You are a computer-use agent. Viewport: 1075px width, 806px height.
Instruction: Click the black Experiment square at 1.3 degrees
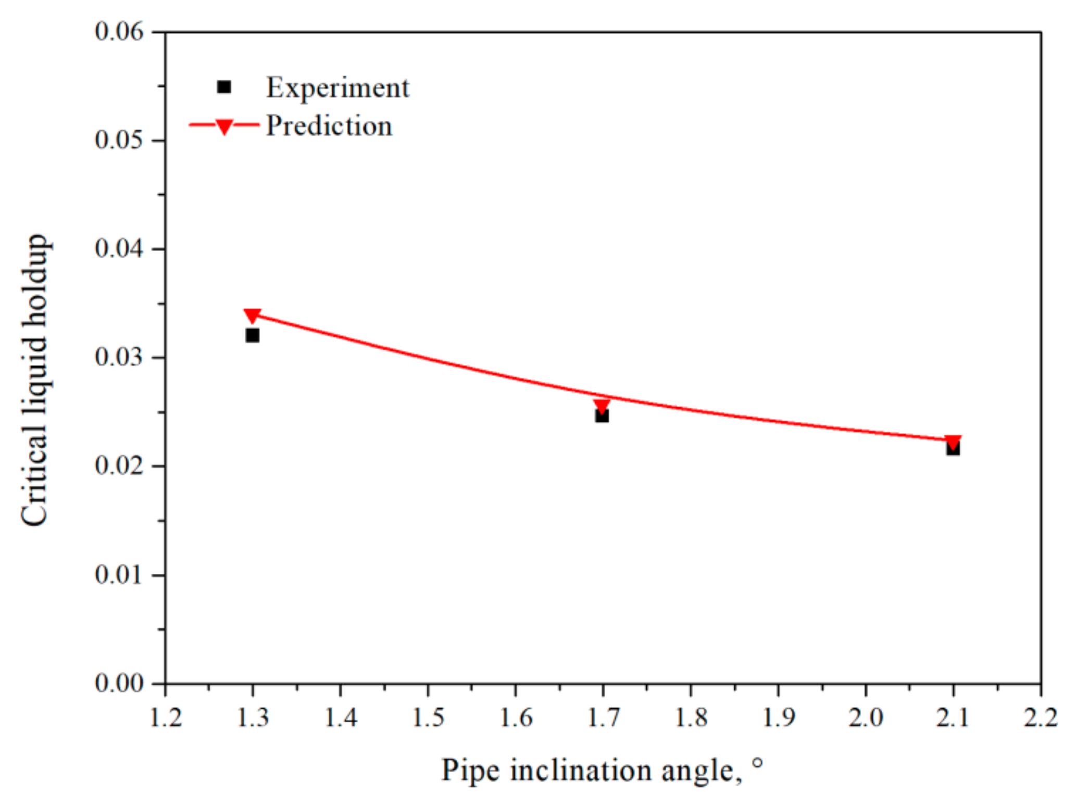point(252,335)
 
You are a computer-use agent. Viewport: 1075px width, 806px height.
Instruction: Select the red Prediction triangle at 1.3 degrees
point(252,316)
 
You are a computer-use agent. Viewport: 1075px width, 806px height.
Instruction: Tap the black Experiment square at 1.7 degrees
point(602,415)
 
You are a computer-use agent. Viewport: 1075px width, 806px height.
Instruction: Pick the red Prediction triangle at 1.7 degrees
point(602,406)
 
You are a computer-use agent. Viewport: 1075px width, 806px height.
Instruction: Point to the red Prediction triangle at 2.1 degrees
point(953,442)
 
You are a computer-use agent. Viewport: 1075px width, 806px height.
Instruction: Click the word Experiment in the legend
point(337,87)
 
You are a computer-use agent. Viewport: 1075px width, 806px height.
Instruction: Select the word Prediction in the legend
point(329,126)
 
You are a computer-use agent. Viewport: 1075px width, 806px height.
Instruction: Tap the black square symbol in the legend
point(224,87)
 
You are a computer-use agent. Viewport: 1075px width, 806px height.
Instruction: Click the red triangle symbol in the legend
point(224,127)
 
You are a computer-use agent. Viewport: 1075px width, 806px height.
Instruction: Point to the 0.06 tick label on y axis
point(119,32)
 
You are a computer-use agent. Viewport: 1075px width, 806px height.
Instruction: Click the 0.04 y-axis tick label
point(119,249)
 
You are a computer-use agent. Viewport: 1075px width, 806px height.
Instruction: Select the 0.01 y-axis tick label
point(119,575)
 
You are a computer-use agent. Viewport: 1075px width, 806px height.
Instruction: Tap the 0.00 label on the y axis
point(119,683)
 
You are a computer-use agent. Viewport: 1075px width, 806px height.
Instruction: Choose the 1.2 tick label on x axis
point(166,717)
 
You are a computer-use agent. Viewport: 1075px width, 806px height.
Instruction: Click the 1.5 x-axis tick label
point(428,717)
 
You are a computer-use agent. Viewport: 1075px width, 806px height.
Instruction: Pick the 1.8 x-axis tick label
point(691,717)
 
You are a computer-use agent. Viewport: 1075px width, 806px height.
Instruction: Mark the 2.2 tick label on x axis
point(1041,717)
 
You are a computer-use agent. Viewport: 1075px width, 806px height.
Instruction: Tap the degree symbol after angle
point(758,764)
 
